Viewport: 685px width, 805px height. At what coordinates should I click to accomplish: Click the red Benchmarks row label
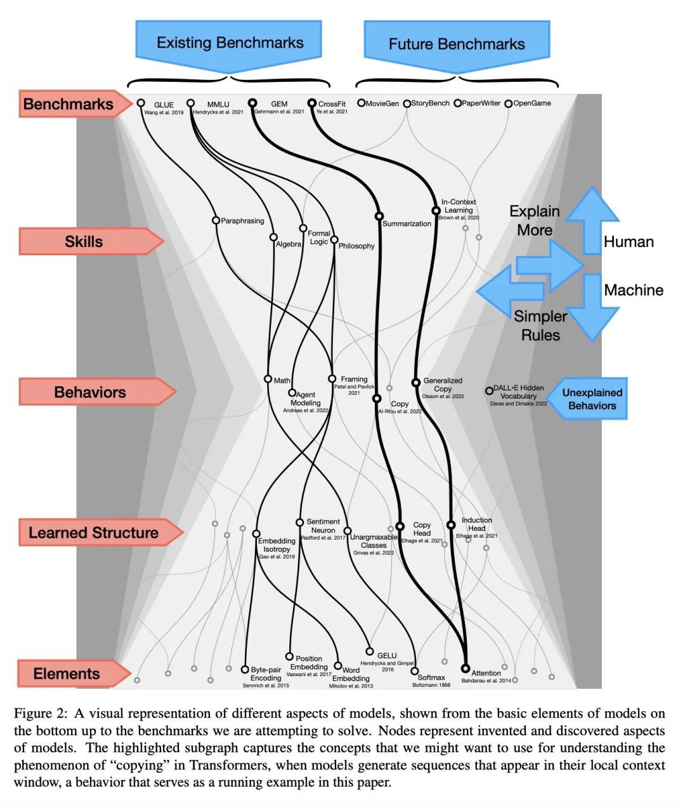68,104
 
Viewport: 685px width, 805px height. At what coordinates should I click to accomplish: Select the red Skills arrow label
84,242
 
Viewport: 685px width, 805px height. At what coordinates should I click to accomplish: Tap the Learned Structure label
93,533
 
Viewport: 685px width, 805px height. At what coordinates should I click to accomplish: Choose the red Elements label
67,674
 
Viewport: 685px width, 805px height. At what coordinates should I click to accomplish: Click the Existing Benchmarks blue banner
230,43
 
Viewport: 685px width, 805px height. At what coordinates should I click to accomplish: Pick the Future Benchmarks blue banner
457,44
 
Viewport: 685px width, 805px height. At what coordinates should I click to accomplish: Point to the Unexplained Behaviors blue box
592,399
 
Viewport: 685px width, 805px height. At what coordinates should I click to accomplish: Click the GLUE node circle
141,103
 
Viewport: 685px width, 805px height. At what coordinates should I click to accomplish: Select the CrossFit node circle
311,103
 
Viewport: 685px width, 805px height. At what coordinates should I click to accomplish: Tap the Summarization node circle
379,216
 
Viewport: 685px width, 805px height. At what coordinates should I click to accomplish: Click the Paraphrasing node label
242,221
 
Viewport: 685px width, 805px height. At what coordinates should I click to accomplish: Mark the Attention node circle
466,669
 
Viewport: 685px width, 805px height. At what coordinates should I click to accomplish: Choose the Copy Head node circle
400,526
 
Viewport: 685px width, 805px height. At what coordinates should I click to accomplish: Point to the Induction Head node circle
450,525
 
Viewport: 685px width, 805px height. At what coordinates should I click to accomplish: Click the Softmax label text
431,677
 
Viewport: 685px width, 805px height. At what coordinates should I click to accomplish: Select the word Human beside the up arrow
629,242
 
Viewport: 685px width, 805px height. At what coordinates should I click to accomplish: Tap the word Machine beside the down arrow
634,290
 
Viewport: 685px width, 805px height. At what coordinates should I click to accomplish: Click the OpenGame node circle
508,103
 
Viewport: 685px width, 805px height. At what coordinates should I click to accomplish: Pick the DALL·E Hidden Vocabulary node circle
489,390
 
